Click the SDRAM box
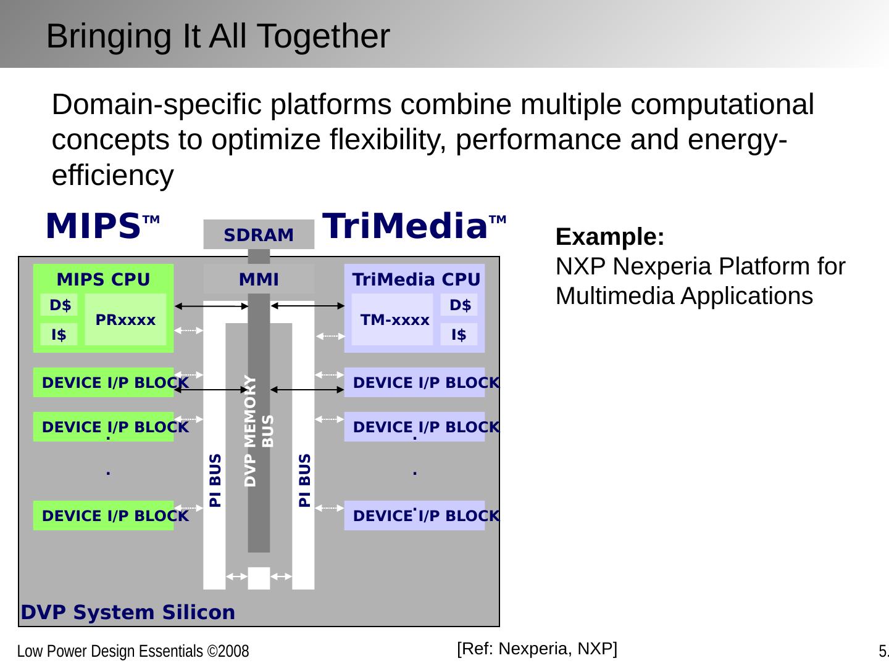(x=259, y=235)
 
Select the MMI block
(x=259, y=279)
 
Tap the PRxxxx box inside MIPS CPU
(x=125, y=320)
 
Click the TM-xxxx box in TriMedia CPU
(x=394, y=320)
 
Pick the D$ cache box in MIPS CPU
(x=59, y=305)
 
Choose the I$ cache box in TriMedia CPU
(x=459, y=335)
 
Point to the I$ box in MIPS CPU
(x=59, y=335)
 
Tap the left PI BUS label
(x=215, y=480)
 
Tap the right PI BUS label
(x=304, y=480)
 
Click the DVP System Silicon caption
(x=128, y=612)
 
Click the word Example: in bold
(x=609, y=237)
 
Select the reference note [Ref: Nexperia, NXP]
(x=536, y=648)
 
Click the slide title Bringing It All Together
(x=218, y=36)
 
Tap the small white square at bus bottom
(x=259, y=578)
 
